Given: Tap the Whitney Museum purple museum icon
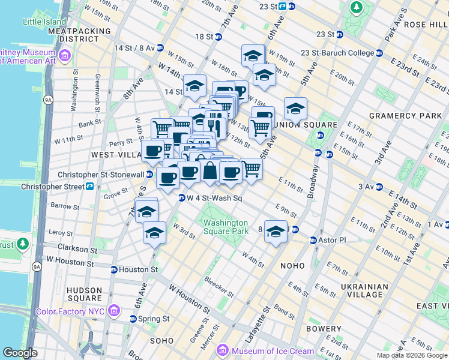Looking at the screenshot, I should point(65,56).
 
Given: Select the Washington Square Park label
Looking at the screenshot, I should point(225,227).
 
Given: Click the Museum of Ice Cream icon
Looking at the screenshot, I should point(222,350).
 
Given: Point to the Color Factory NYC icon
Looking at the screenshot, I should point(116,311).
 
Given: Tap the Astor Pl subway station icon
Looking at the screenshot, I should point(313,240).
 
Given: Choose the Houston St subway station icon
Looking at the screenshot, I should point(113,269).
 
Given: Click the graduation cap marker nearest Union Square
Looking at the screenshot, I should point(295,109).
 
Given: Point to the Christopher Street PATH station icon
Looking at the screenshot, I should point(89,187).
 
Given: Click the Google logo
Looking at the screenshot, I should point(20,353).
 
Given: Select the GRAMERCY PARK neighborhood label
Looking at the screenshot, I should point(396,115).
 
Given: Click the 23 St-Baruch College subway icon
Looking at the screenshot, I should point(304,53).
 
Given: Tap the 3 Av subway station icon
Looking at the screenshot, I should point(381,187).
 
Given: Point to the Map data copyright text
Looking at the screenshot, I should point(411,355).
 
